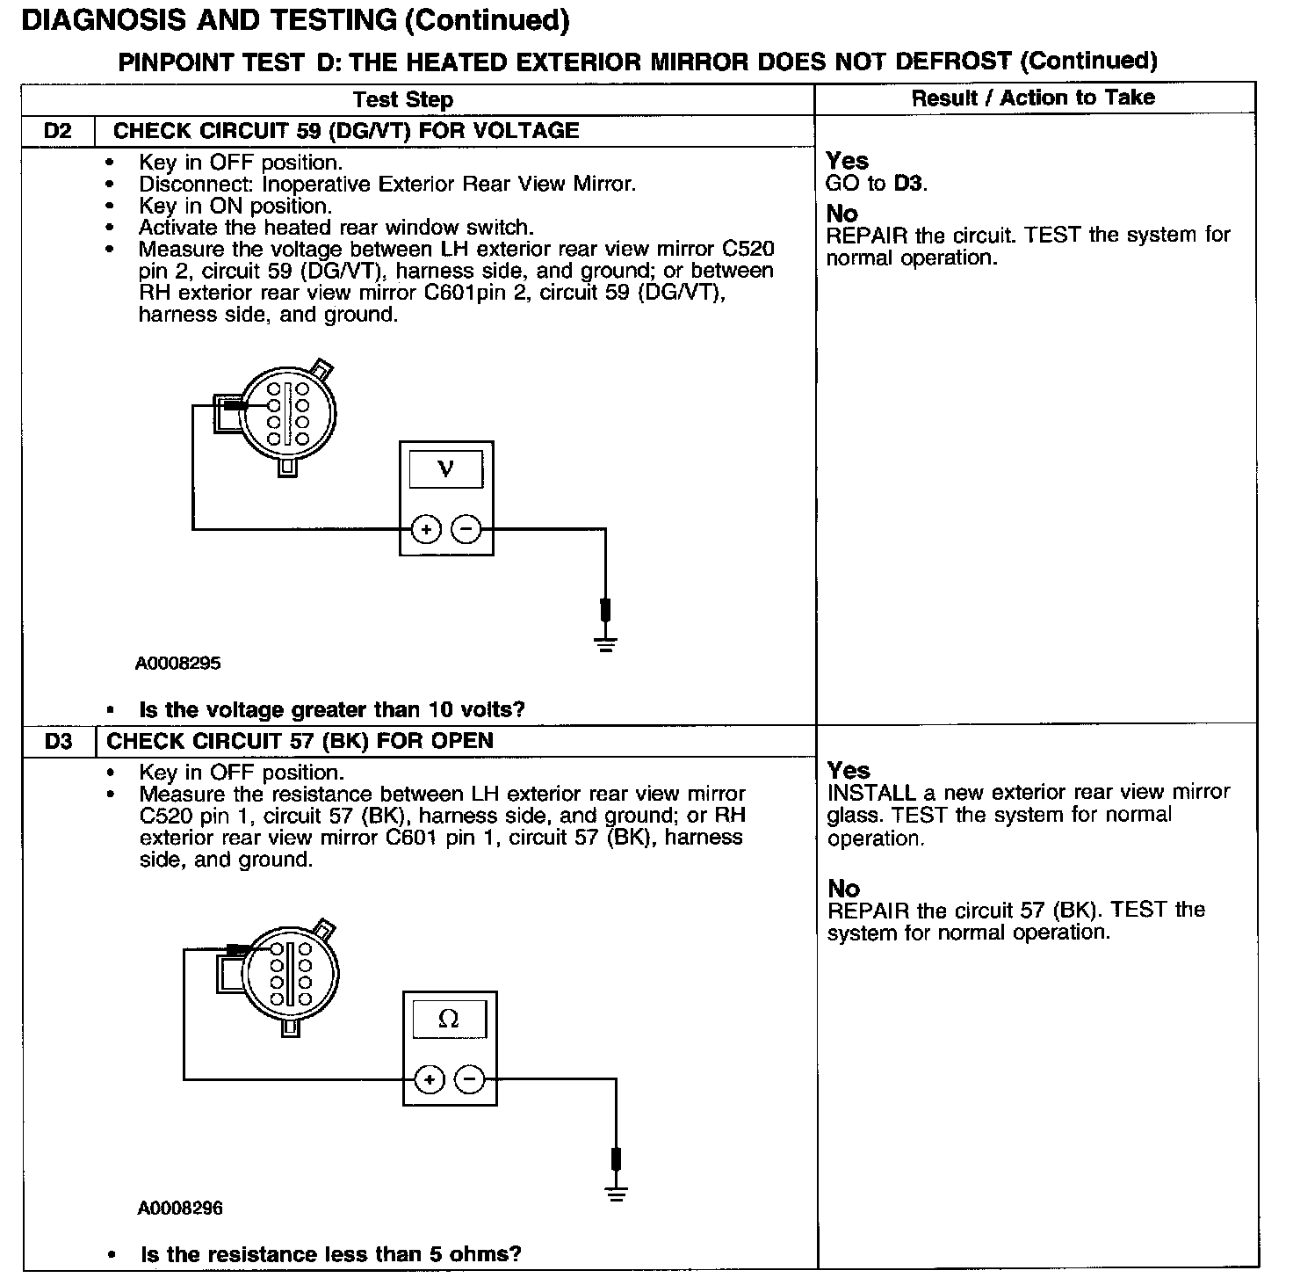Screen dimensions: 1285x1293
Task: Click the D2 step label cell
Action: coord(57,132)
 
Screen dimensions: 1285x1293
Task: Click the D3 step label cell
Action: coord(58,742)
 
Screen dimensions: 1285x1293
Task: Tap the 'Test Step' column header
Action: coord(403,99)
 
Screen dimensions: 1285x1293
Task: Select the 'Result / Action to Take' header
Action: coord(1033,98)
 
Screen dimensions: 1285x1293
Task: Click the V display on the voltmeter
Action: coord(446,469)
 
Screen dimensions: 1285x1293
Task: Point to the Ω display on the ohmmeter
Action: coord(448,1019)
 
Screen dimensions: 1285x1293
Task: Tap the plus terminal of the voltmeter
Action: coord(426,529)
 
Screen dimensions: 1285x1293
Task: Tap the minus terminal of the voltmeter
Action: coord(466,529)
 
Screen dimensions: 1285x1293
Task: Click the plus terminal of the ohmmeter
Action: coord(430,1079)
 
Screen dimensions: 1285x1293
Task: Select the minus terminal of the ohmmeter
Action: coord(471,1079)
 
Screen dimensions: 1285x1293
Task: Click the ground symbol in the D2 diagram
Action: coord(605,644)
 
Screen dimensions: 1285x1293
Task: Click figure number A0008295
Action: coord(177,664)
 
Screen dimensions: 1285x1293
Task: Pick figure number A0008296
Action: coord(180,1209)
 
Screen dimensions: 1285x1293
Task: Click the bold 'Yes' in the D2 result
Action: coord(847,161)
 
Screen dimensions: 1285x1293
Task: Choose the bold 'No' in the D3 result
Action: coord(843,889)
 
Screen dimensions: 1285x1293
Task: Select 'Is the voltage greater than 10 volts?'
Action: coord(332,709)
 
